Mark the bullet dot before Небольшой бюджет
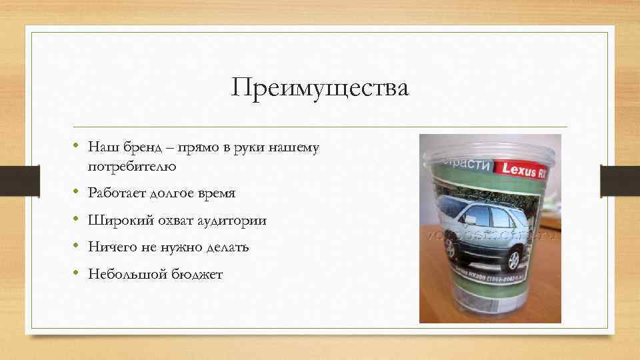pyautogui.click(x=77, y=273)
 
